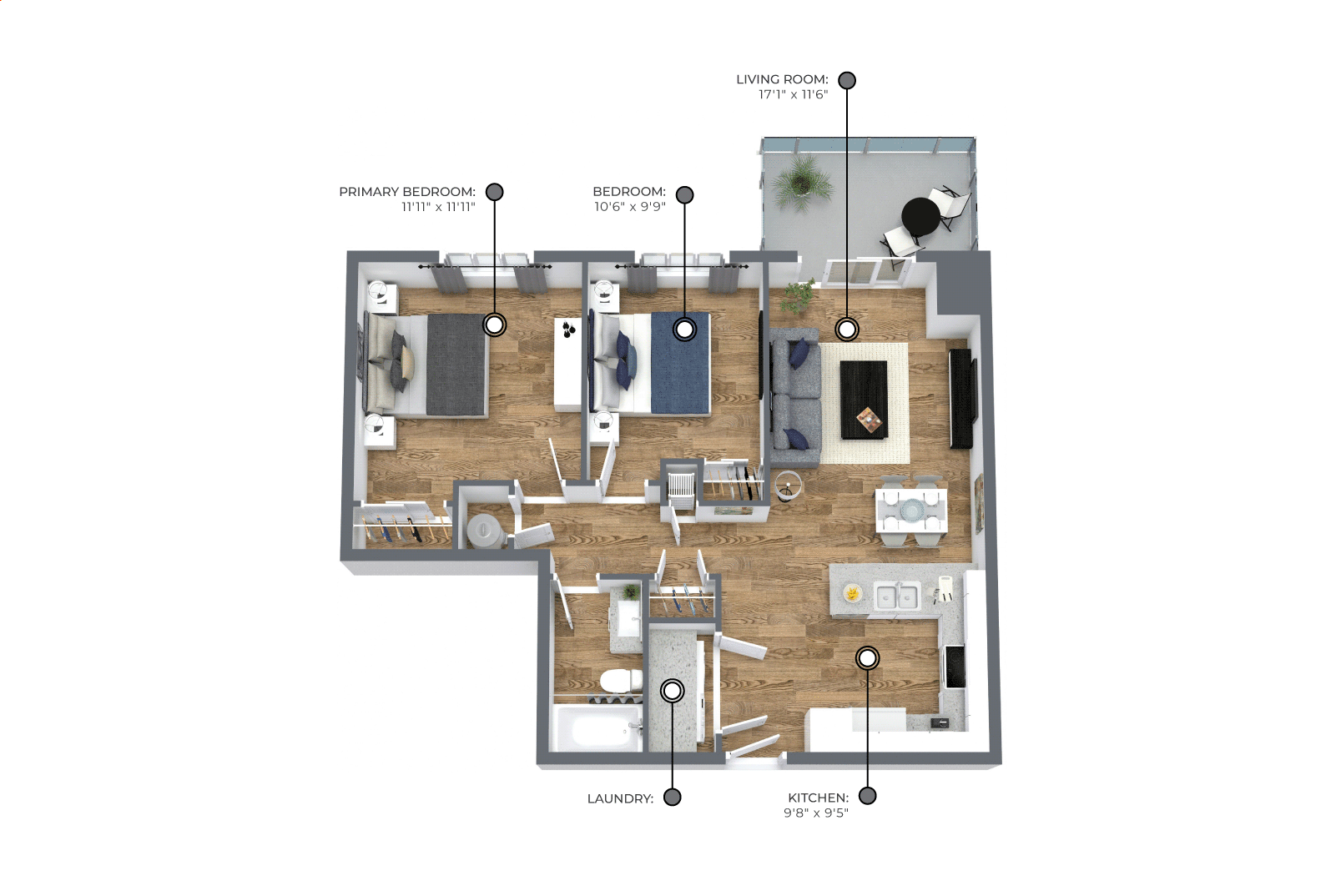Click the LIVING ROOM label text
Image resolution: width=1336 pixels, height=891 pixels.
(782, 79)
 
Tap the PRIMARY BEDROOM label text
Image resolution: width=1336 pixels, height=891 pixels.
(407, 192)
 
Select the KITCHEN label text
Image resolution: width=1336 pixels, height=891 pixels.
(818, 798)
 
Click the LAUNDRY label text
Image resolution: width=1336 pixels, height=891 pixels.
(620, 799)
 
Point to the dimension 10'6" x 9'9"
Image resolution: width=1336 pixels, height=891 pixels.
(630, 207)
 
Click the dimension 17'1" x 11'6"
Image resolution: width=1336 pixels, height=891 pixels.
(794, 94)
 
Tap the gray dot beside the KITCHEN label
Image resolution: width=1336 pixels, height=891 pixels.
(867, 796)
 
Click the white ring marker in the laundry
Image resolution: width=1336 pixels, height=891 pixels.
(673, 691)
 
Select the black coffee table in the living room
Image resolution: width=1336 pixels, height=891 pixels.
(864, 399)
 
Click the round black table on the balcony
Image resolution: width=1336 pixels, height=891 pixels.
(921, 217)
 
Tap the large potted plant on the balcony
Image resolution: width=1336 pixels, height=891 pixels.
(802, 182)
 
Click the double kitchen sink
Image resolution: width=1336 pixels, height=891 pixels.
(896, 597)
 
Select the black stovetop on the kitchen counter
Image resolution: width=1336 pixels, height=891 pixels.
(955, 667)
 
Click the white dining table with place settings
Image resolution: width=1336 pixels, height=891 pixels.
(910, 510)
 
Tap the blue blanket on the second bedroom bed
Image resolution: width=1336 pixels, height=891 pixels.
(680, 363)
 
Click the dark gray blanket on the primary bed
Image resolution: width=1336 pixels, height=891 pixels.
(456, 365)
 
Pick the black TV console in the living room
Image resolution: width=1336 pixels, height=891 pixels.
(960, 399)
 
